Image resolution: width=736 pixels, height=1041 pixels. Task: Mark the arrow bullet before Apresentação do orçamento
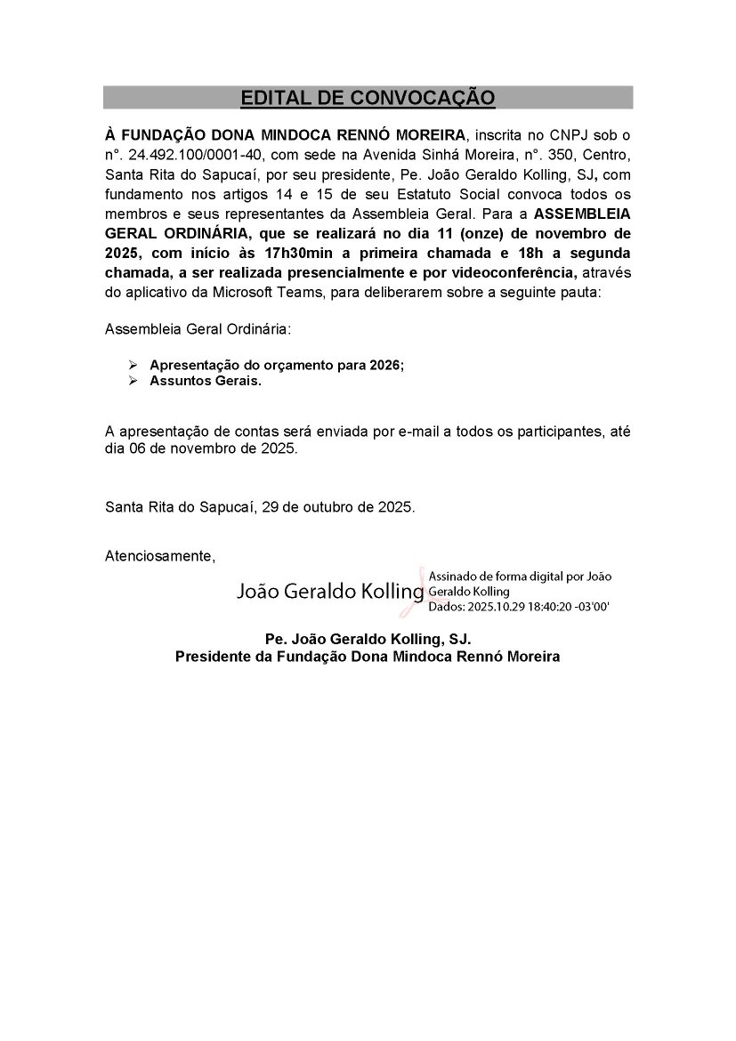(x=133, y=366)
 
